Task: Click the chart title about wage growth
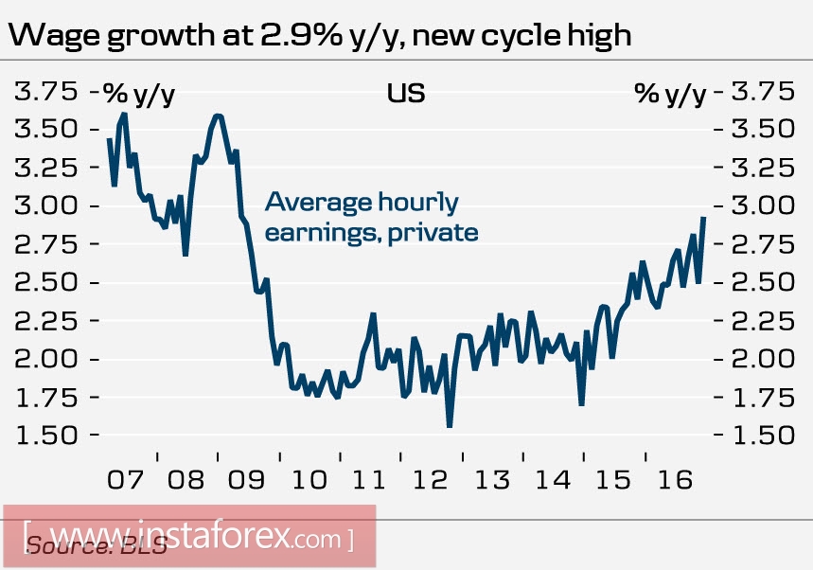pos(319,36)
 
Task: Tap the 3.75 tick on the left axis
pos(44,92)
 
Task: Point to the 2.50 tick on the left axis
pos(44,282)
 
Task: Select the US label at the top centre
pos(405,93)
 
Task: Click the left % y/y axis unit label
pos(139,93)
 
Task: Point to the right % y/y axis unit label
pos(670,93)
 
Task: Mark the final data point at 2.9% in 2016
pos(703,218)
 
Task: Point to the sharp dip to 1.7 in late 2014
pos(581,404)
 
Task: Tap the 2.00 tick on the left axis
pos(44,359)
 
